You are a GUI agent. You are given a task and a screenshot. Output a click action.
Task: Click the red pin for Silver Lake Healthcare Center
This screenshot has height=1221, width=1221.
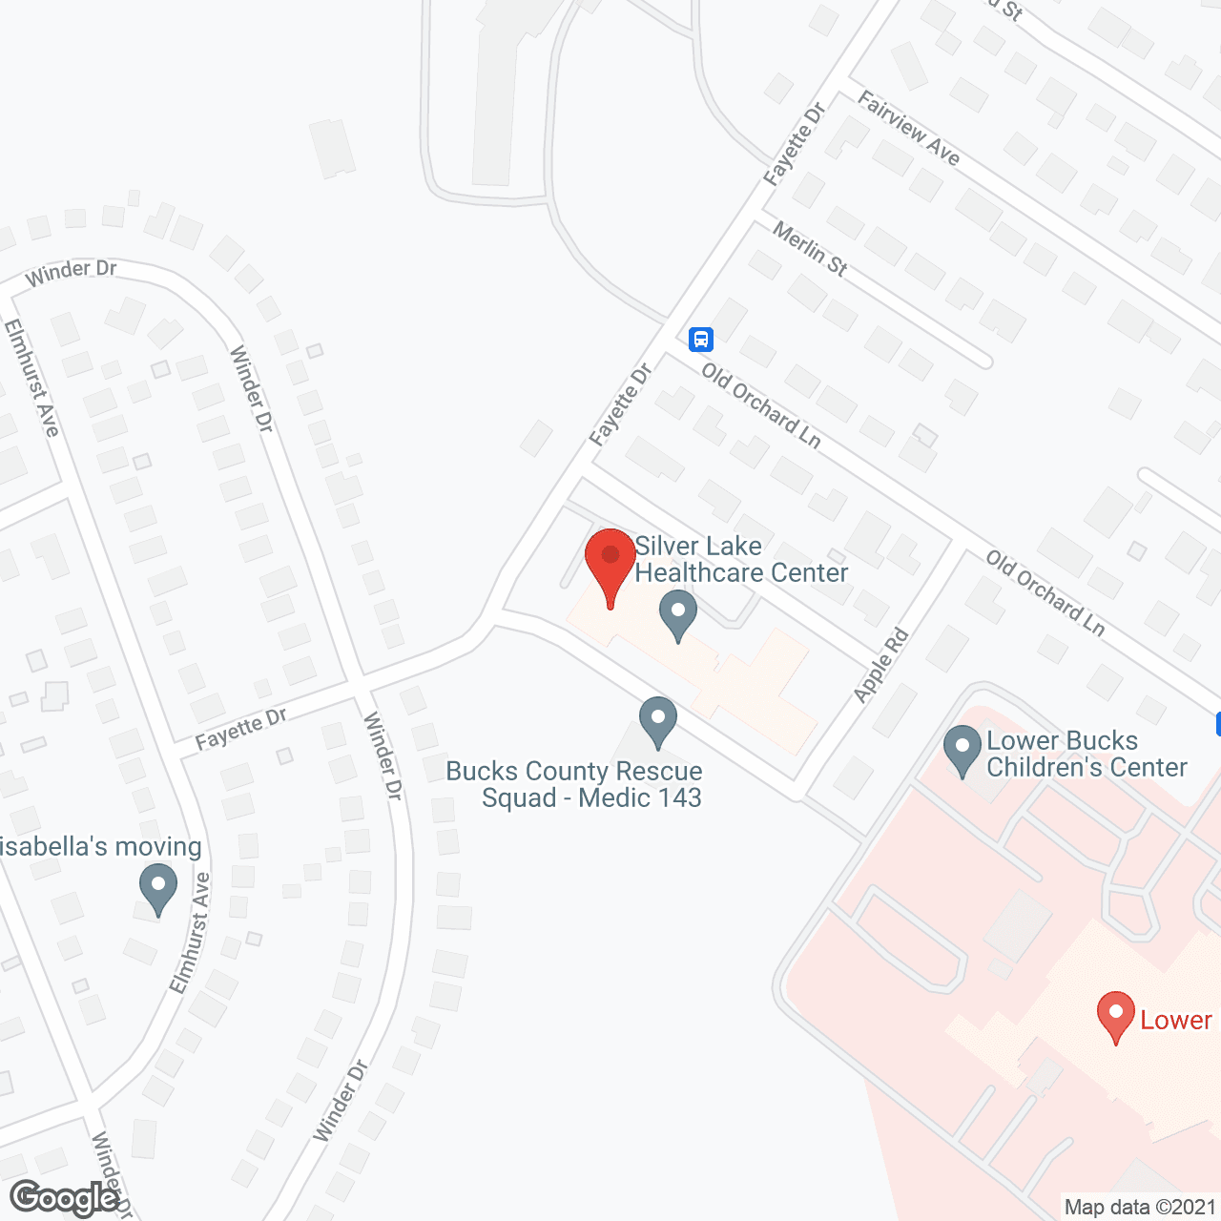click(610, 558)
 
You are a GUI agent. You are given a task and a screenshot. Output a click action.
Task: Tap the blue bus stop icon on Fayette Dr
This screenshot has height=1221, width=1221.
click(701, 339)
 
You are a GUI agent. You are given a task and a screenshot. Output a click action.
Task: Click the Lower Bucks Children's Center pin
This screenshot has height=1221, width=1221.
click(962, 749)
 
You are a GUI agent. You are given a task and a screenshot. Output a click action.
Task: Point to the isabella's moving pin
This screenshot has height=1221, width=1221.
click(158, 886)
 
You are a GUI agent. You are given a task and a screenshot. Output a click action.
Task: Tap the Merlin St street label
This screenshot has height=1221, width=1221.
click(810, 249)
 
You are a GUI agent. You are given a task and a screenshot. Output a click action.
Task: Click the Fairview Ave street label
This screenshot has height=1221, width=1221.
click(908, 129)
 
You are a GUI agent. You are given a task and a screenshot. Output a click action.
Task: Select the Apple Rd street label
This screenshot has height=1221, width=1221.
click(881, 666)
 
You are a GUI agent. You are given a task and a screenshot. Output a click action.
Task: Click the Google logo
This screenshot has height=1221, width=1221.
click(65, 1198)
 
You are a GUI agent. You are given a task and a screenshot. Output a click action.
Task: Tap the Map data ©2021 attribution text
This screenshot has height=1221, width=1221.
click(1140, 1208)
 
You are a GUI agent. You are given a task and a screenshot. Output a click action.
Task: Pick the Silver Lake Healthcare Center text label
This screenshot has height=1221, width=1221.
click(740, 559)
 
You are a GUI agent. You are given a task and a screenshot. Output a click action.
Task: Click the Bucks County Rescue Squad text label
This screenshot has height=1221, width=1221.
click(574, 784)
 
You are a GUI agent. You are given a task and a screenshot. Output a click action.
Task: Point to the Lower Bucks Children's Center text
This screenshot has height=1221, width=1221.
click(1086, 754)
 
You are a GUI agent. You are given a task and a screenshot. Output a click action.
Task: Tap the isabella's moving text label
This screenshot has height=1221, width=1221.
click(101, 846)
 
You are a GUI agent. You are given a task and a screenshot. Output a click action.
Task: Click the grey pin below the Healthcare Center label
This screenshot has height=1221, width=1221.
click(678, 614)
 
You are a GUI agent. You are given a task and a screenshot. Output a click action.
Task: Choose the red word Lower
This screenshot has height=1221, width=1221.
click(1176, 1020)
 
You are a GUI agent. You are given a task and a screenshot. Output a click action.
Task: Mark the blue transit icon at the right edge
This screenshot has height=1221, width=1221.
click(1217, 724)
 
